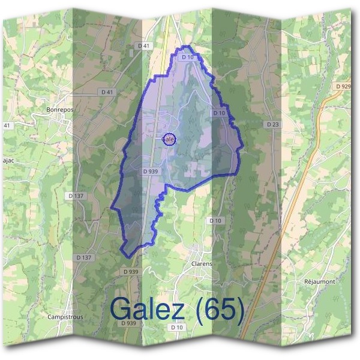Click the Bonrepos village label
(59, 110)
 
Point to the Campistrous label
(65, 316)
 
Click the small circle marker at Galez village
(170, 139)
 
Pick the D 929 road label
(344, 86)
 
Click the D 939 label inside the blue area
(151, 172)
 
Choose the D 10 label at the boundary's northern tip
(187, 57)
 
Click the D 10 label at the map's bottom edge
(176, 328)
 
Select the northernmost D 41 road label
(143, 46)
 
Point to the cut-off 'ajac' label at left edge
(5, 161)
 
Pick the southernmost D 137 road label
(85, 257)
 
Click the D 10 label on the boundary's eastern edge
(219, 113)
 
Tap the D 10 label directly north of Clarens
(215, 221)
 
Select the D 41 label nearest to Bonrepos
(107, 92)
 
